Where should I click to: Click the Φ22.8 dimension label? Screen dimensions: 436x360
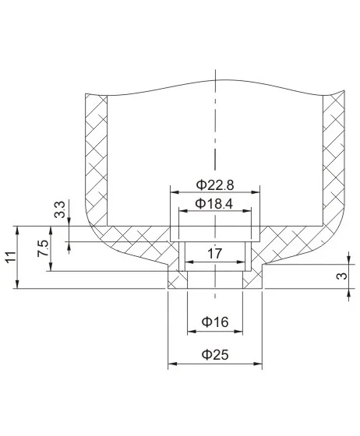pyautogui.click(x=214, y=185)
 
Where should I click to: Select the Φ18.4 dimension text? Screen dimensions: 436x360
pyautogui.click(x=214, y=203)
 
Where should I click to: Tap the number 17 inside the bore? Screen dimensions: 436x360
pyautogui.click(x=215, y=253)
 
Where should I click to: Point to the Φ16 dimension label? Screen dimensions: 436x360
pyautogui.click(x=215, y=322)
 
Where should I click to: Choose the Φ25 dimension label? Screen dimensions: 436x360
pyautogui.click(x=215, y=354)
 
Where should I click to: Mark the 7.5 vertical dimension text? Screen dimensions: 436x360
pyautogui.click(x=43, y=249)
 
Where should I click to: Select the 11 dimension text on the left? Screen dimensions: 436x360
pyautogui.click(x=9, y=258)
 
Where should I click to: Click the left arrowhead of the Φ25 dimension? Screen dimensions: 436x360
pyautogui.click(x=172, y=364)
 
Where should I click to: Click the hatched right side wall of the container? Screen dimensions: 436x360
pyautogui.click(x=333, y=156)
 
